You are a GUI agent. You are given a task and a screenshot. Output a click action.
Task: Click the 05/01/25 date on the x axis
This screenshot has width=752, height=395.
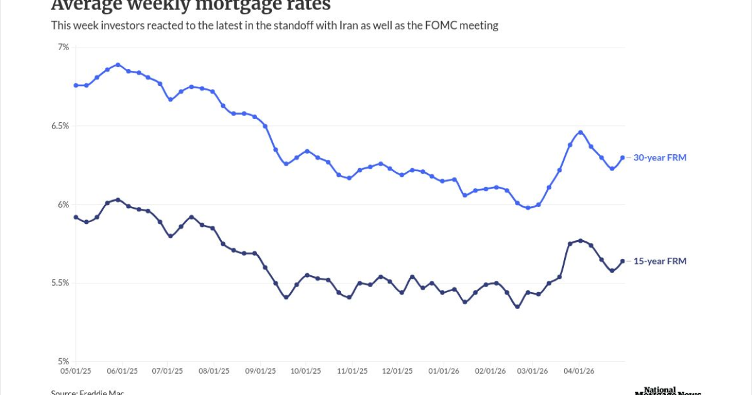(76, 371)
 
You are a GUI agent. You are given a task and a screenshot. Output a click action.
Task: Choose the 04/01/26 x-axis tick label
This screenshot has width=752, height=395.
(579, 371)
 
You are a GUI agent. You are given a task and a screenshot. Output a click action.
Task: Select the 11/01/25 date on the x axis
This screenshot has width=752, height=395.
(352, 371)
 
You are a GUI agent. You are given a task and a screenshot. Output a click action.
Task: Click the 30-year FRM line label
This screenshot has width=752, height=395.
(659, 158)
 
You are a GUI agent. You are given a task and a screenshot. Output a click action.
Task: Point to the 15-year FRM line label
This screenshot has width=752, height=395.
(659, 261)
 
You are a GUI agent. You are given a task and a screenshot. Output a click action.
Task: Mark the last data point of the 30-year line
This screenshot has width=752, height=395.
(622, 158)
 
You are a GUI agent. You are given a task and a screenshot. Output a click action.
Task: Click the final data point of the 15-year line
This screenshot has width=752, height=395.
(622, 261)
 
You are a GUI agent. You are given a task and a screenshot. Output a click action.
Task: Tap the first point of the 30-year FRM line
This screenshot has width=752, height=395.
(76, 85)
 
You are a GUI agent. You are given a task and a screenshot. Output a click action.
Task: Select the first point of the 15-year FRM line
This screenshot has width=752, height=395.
(76, 217)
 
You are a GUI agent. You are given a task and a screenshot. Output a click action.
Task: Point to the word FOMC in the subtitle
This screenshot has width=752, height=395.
(457, 26)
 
